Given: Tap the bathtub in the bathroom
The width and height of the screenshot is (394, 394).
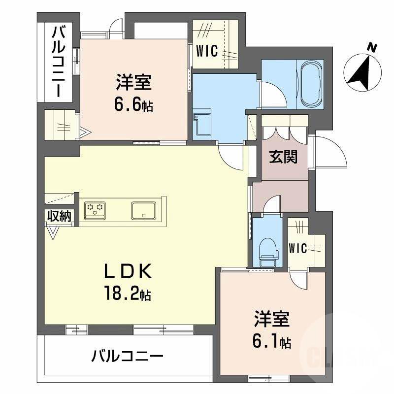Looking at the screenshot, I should (x=309, y=84).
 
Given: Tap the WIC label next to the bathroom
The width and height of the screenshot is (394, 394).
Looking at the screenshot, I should (x=207, y=51).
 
